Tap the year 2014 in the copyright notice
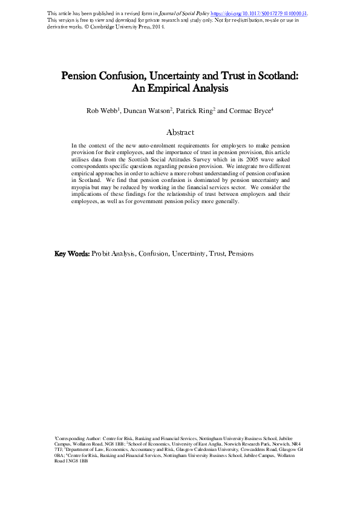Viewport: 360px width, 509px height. click(x=155, y=27)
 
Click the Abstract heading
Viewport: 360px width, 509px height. click(x=180, y=132)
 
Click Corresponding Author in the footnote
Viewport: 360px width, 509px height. click(x=76, y=436)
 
